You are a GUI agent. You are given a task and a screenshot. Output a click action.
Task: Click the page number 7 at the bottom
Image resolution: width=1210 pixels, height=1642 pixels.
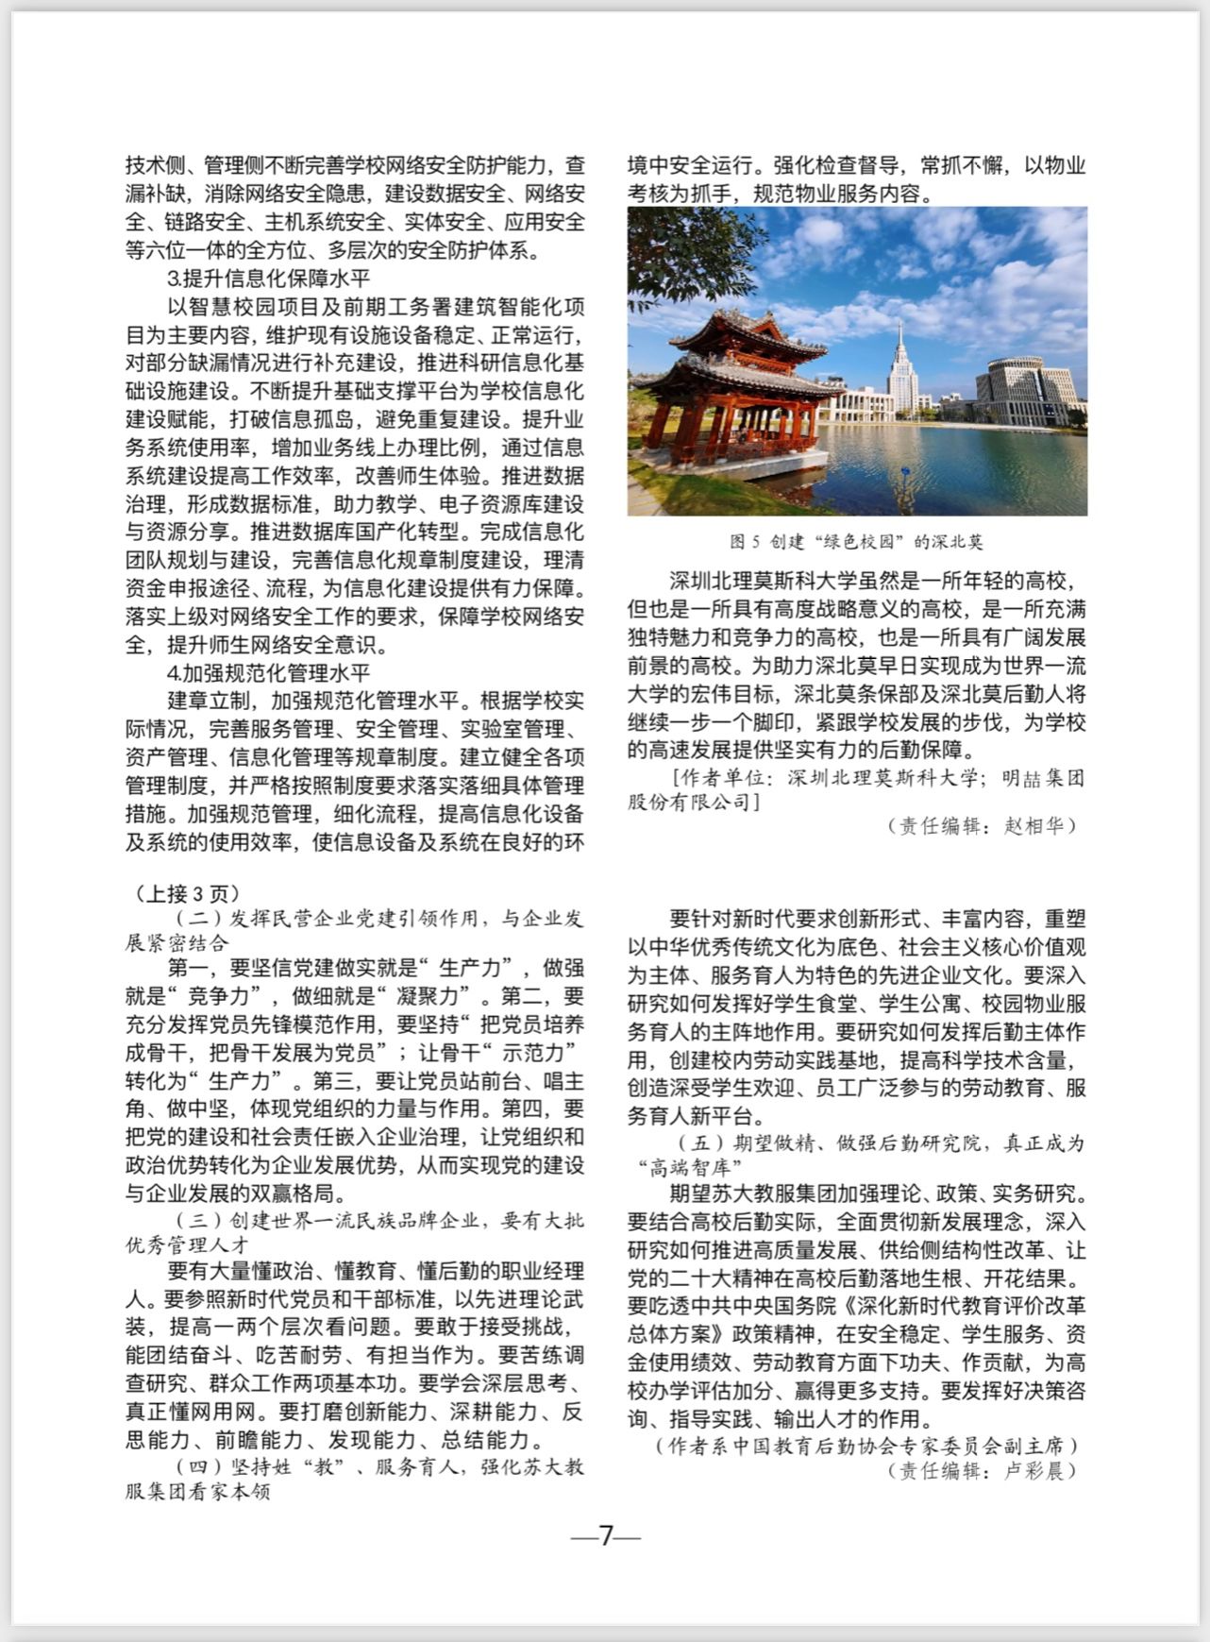point(606,1535)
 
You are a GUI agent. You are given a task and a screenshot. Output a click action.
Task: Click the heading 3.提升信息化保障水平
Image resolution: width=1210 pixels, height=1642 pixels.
point(269,279)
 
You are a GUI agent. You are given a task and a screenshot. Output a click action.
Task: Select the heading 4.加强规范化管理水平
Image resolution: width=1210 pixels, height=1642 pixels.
point(269,673)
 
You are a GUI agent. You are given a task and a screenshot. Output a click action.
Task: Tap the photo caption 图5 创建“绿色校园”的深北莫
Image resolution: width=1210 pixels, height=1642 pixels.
point(856,542)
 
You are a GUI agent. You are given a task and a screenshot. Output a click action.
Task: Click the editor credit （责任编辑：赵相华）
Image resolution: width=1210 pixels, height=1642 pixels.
point(982,825)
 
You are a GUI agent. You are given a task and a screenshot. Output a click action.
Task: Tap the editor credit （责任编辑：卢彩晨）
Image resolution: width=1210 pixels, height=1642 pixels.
point(982,1470)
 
